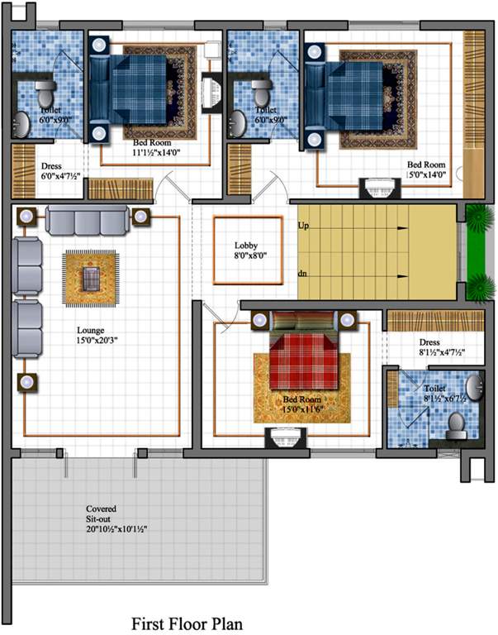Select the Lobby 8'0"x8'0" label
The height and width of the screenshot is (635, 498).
pyautogui.click(x=247, y=251)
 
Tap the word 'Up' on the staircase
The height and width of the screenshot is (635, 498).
pyautogui.click(x=303, y=225)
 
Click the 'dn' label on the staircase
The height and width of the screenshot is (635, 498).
pyautogui.click(x=303, y=274)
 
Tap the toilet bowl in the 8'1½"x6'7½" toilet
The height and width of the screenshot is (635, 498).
pyautogui.click(x=454, y=424)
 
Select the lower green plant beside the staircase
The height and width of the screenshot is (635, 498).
pyautogui.click(x=480, y=289)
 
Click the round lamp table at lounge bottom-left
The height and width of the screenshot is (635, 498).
pyautogui.click(x=26, y=382)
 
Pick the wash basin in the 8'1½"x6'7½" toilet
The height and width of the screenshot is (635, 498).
pyautogui.click(x=472, y=387)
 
